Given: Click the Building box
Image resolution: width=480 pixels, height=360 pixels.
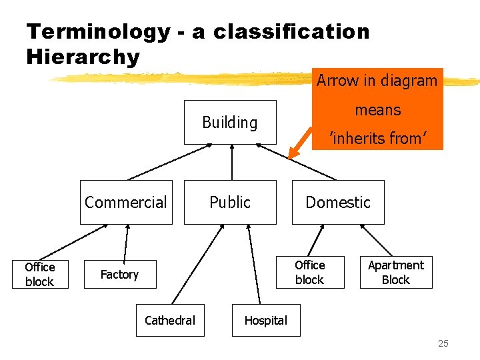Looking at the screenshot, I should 230,122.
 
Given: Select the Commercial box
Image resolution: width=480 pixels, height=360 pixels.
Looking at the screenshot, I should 126,202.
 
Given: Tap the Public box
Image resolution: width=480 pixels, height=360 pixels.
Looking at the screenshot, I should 230,202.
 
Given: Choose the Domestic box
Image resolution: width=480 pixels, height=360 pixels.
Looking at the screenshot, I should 338,202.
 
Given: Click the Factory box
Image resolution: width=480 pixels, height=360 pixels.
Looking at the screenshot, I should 119,274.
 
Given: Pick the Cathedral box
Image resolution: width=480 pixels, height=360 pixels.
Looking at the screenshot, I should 170,321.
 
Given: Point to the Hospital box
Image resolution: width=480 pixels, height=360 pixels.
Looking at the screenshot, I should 265,321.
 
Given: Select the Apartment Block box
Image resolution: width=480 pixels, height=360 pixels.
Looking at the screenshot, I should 396,272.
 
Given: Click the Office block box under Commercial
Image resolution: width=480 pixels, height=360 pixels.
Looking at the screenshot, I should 39,274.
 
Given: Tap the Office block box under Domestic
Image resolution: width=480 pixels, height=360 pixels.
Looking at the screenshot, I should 309,272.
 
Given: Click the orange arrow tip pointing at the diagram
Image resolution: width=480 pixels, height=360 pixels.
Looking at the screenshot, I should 292,155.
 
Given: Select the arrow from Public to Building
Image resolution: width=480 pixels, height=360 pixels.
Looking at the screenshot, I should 231,162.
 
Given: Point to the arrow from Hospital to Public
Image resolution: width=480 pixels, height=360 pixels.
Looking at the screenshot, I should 253,267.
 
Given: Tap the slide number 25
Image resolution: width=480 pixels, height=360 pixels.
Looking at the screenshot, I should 443,343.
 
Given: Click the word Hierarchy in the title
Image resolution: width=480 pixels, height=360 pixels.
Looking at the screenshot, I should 83,57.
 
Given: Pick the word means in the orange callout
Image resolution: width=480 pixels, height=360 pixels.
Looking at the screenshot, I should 377,110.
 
